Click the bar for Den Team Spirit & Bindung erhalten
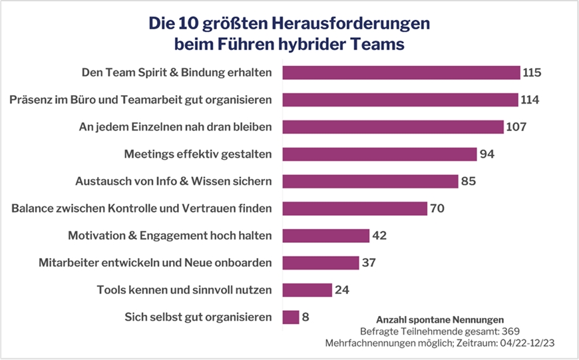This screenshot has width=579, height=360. click(401, 73)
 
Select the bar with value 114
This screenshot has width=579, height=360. click(400, 100)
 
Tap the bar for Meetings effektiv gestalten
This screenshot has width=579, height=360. click(379, 154)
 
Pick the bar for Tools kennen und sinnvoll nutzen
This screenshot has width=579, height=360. click(307, 290)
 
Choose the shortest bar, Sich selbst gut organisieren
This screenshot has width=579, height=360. click(291, 317)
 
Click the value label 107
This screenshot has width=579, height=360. click(516, 127)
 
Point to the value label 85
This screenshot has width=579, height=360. click(471, 182)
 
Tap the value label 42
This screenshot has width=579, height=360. click(381, 236)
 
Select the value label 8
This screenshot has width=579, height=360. click(306, 317)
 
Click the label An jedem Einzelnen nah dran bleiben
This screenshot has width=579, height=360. click(176, 127)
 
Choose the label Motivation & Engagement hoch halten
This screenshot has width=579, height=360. click(170, 236)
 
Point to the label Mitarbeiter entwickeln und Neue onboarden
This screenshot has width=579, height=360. click(155, 263)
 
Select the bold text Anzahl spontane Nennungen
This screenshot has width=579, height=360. click(440, 319)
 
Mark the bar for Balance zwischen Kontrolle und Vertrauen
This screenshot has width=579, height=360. click(354, 209)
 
